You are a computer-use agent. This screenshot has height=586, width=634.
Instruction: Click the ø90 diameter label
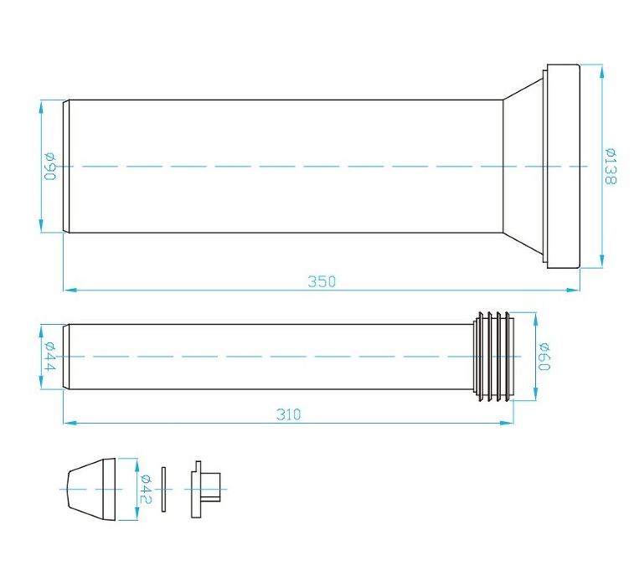click(x=50, y=166)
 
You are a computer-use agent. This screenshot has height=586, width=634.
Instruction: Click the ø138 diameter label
click(x=611, y=166)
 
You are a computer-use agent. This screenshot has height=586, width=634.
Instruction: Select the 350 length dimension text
click(x=322, y=281)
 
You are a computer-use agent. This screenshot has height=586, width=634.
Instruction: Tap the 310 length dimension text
click(x=289, y=414)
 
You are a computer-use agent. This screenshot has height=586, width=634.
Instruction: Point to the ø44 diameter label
click(x=50, y=356)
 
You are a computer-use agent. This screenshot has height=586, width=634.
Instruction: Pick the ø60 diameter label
click(x=544, y=356)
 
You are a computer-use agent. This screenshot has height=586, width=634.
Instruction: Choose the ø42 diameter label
click(x=146, y=489)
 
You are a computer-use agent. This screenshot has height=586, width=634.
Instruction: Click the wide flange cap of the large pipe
click(x=564, y=166)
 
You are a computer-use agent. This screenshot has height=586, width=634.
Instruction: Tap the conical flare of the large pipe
click(x=523, y=166)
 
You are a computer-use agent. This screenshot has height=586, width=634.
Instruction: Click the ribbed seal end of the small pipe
click(x=493, y=357)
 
